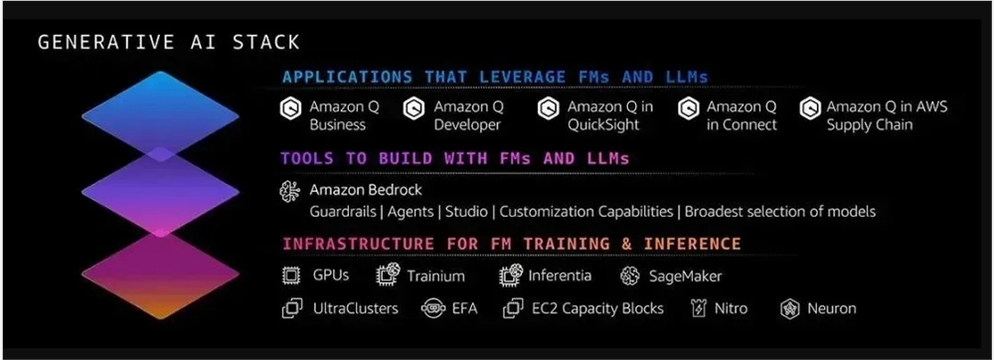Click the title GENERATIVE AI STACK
click(x=168, y=43)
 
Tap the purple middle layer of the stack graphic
click(x=161, y=191)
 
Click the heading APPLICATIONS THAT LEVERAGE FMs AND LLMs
click(x=495, y=77)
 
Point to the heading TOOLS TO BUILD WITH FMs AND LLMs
click(x=454, y=158)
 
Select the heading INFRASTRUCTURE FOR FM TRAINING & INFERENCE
click(x=511, y=244)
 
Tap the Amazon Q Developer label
click(x=467, y=115)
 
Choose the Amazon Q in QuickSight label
click(x=609, y=115)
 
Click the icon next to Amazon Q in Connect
click(x=687, y=107)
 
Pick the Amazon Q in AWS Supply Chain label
click(x=887, y=115)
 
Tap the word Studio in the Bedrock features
click(x=470, y=212)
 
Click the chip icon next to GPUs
click(x=291, y=275)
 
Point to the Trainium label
click(x=435, y=275)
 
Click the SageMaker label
click(x=685, y=275)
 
